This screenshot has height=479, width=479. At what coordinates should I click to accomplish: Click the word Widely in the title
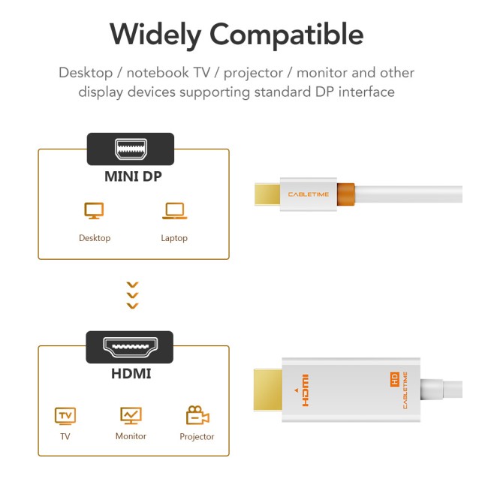(155, 35)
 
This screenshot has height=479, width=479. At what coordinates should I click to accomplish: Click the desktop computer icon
(94, 212)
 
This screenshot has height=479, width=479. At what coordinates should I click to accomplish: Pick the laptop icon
(174, 212)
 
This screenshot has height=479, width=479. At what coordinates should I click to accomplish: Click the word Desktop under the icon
(95, 238)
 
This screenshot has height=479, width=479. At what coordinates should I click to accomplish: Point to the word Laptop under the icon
(174, 238)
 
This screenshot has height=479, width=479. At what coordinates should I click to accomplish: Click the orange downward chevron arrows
(133, 295)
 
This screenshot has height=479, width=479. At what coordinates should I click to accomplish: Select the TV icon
(65, 415)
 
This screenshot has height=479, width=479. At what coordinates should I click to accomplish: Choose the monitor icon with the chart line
(131, 415)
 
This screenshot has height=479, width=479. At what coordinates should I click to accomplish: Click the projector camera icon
(197, 415)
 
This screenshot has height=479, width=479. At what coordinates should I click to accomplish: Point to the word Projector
(197, 437)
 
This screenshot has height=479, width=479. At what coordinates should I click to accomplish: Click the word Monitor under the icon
(131, 436)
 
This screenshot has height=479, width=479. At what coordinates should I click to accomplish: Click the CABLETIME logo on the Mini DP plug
(308, 194)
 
